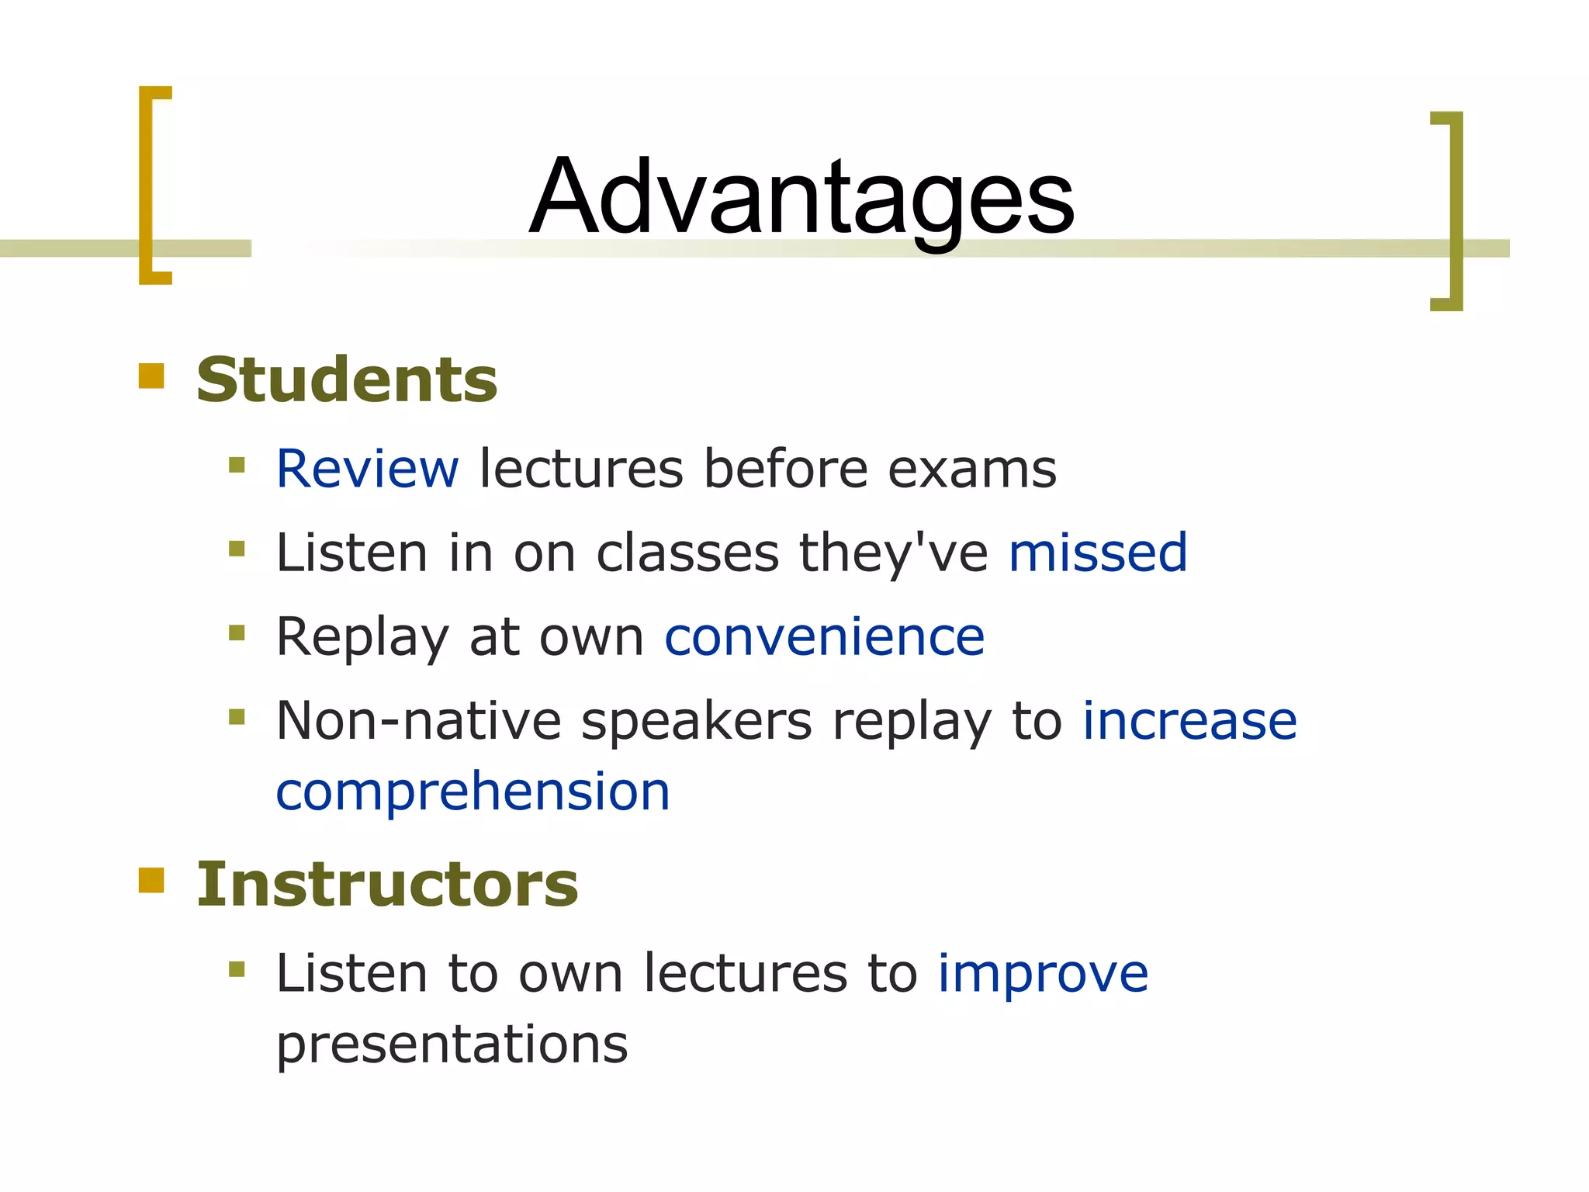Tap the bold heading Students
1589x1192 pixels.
pos(346,380)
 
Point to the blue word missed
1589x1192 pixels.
pos(1097,553)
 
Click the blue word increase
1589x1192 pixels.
pos(1189,720)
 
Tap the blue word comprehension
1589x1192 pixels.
pos(473,792)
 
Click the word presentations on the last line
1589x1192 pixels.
pos(452,1045)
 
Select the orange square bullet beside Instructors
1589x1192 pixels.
pos(151,880)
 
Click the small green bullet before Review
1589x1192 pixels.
pos(237,466)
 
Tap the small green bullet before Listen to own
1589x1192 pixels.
pos(237,968)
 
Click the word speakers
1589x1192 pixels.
pos(696,722)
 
